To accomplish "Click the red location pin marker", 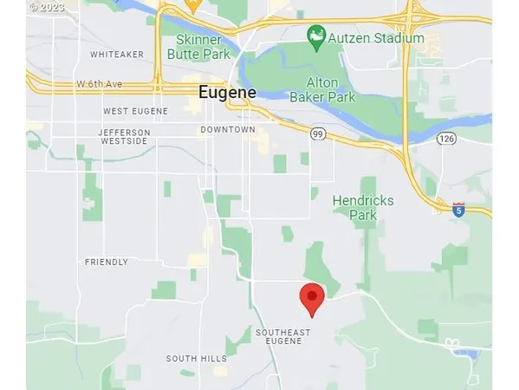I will pyautogui.click(x=312, y=298).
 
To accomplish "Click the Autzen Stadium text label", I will pyautogui.click(x=379, y=38).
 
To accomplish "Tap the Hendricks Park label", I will pyautogui.click(x=363, y=207).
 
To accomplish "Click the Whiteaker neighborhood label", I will pyautogui.click(x=117, y=55).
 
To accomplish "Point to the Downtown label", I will pyautogui.click(x=228, y=130).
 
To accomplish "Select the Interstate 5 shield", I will pyautogui.click(x=458, y=209).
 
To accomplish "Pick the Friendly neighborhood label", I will pyautogui.click(x=107, y=262).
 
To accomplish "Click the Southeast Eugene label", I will pyautogui.click(x=279, y=336).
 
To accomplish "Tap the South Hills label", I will pyautogui.click(x=196, y=359).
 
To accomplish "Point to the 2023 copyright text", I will pyautogui.click(x=47, y=5).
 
